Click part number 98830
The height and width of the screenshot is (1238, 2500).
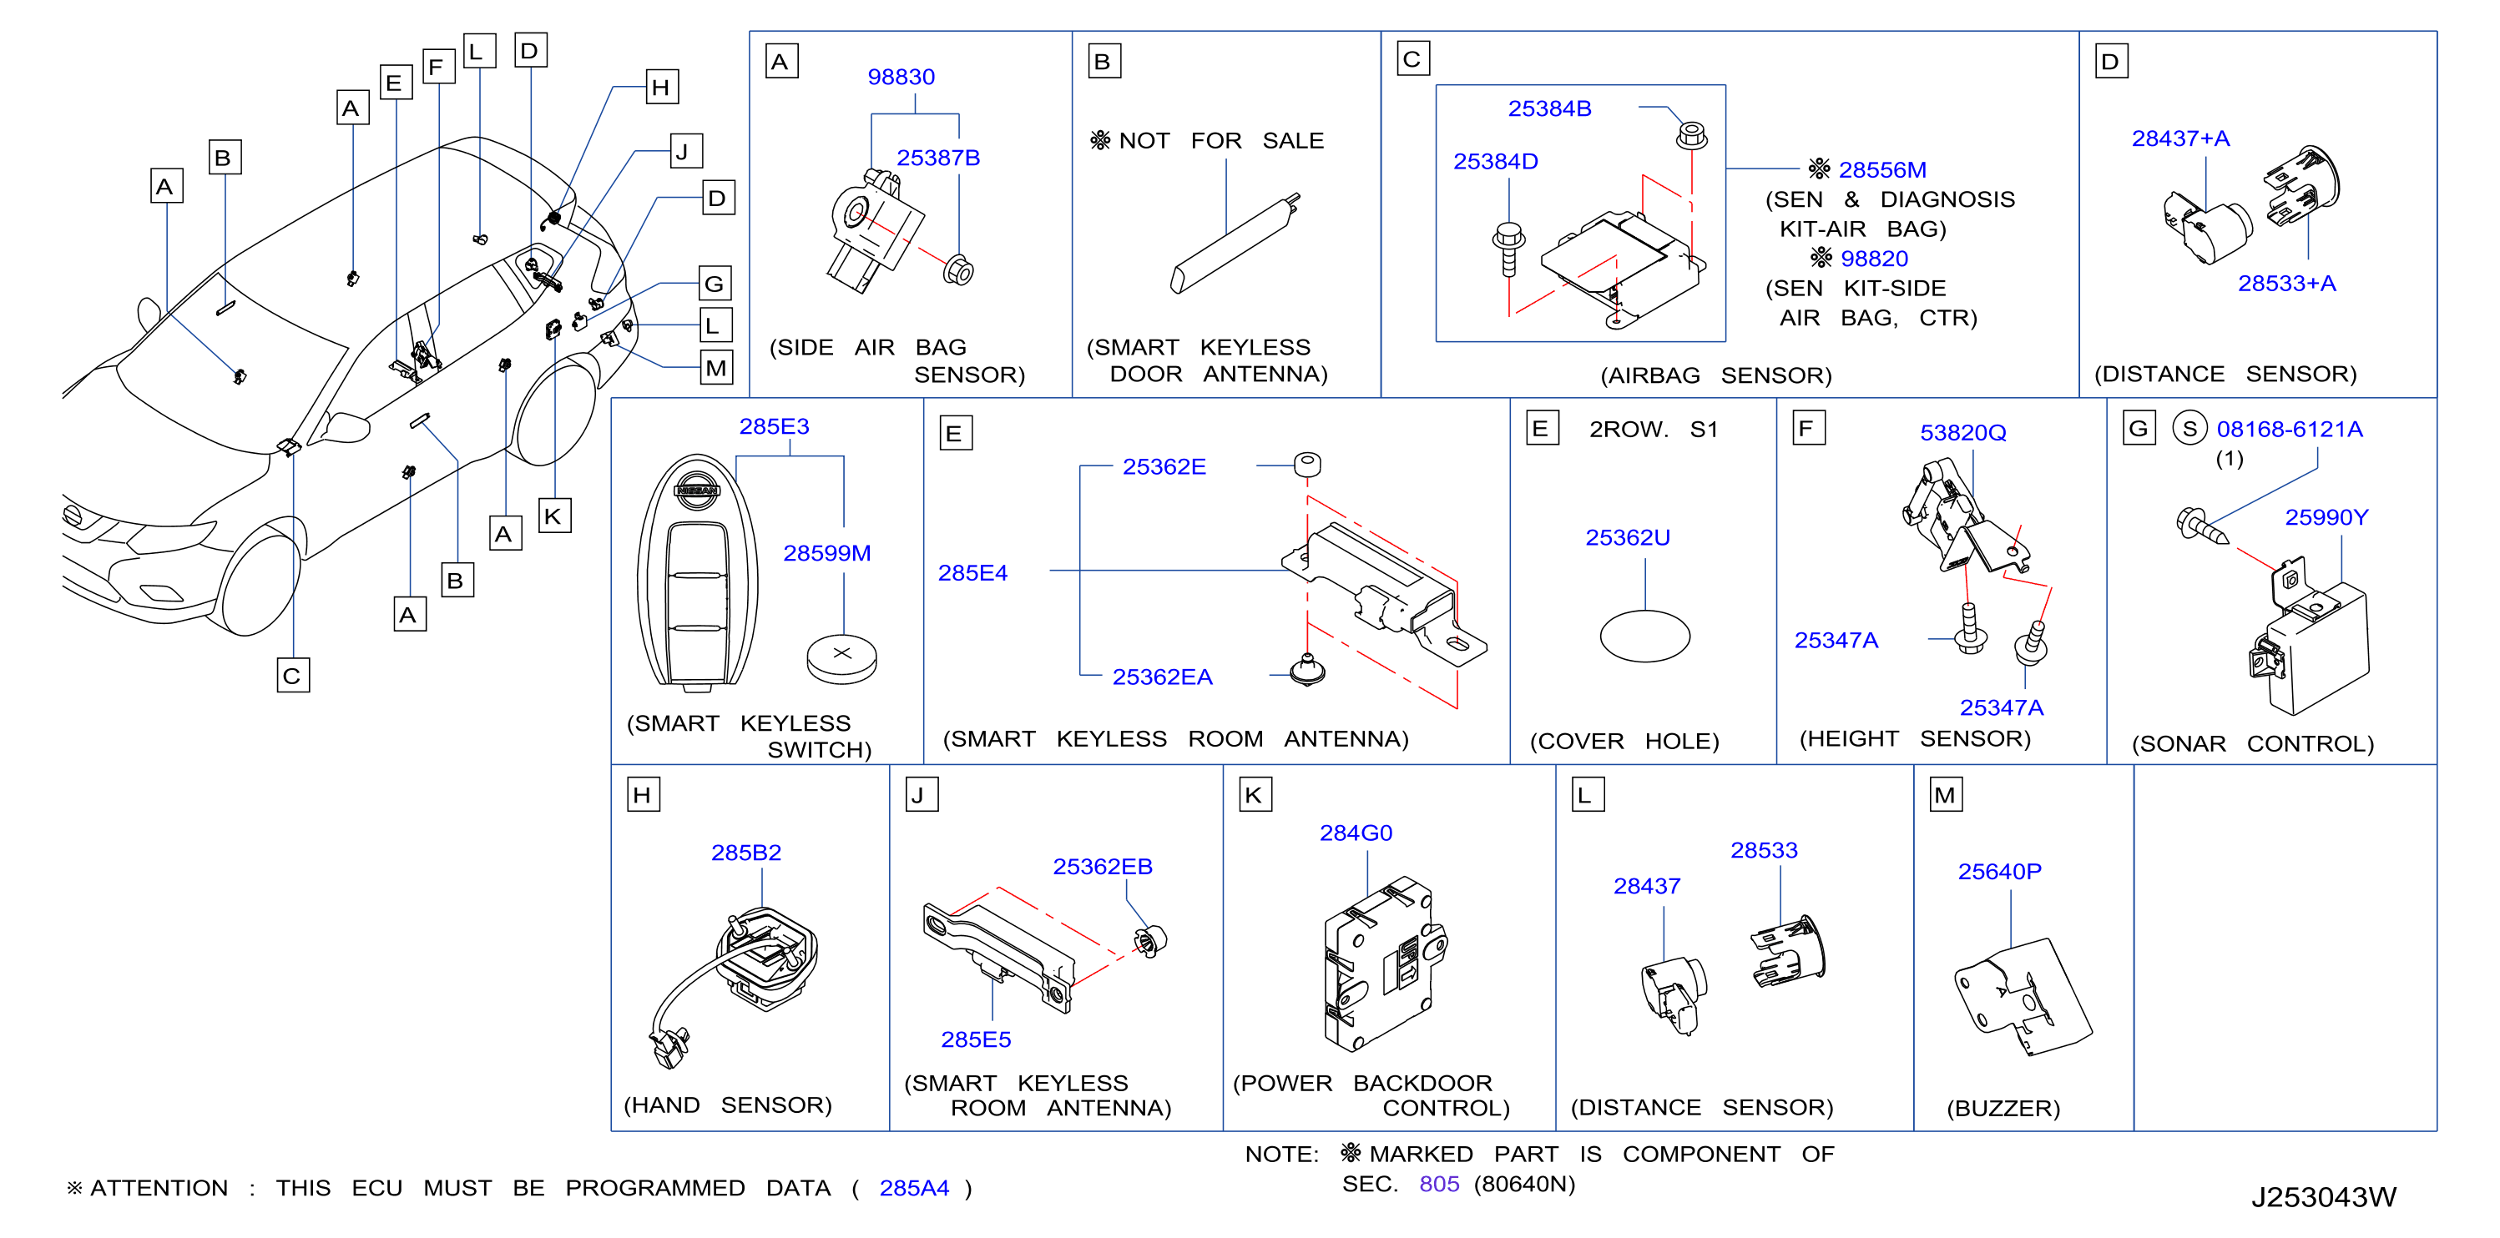[x=901, y=77]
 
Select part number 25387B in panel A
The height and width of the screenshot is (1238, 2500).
[x=937, y=157]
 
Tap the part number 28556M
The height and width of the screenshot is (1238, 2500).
[x=1881, y=170]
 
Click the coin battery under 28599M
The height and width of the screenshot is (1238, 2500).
[x=841, y=659]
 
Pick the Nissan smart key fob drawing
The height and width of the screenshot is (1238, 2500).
[x=697, y=572]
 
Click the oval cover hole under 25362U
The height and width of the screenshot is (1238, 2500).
[x=1644, y=636]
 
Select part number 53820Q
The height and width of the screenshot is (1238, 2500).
[x=1962, y=433]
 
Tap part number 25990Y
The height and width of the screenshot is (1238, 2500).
[x=2326, y=517]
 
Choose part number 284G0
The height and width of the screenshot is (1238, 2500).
[x=1355, y=833]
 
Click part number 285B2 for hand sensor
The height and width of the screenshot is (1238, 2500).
[x=745, y=852]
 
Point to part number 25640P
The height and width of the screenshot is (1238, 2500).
[x=1998, y=871]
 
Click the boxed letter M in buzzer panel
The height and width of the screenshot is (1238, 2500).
[x=1945, y=795]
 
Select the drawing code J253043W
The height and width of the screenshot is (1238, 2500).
[x=2322, y=1196]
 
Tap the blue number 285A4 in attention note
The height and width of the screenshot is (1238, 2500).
[x=913, y=1188]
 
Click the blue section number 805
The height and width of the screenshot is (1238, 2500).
[x=1438, y=1184]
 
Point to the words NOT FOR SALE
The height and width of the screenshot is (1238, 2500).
[x=1221, y=141]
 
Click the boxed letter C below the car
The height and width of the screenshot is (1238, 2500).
[x=293, y=675]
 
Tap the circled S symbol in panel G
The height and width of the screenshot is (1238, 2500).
[x=2189, y=428]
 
